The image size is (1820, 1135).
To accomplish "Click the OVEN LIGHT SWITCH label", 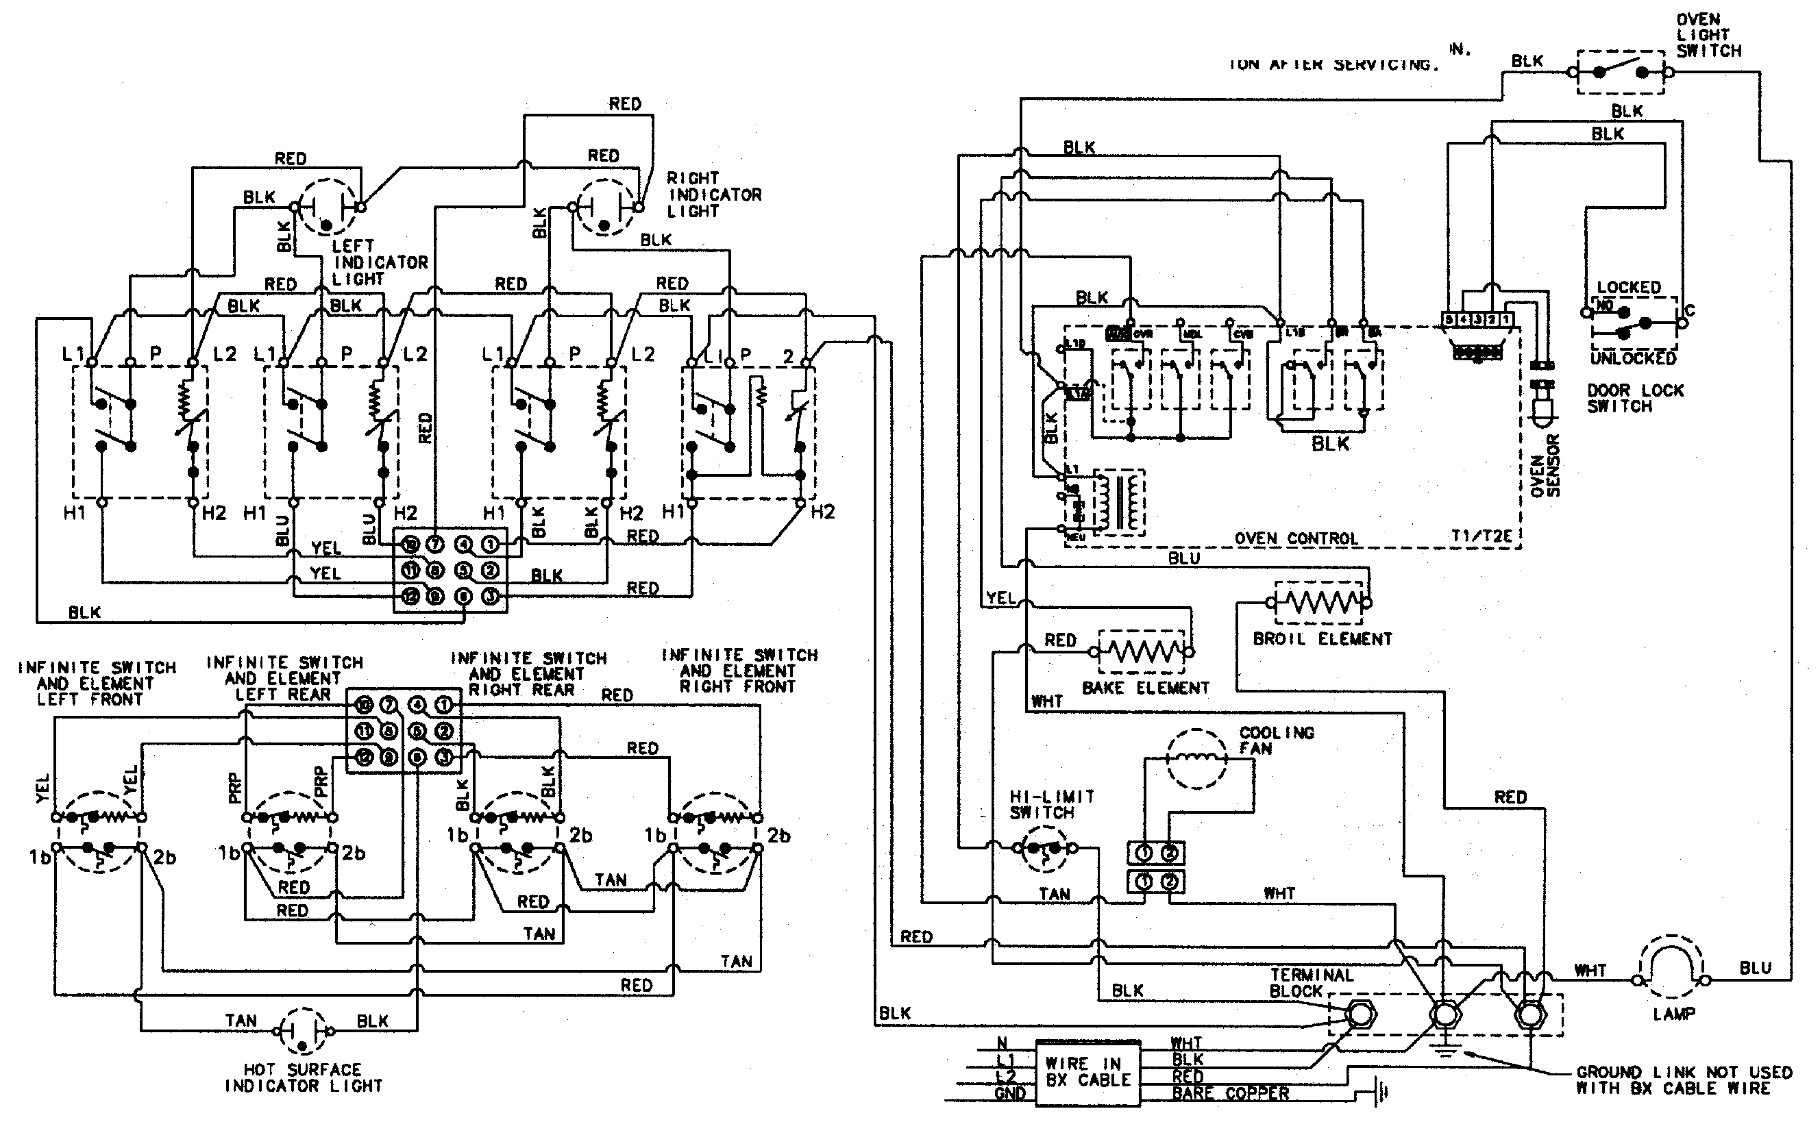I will (1708, 36).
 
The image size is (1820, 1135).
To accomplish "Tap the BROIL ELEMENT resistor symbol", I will (1319, 602).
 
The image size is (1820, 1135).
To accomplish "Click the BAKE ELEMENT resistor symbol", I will (1143, 651).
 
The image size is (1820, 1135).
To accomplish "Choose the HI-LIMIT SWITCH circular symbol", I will (1044, 849).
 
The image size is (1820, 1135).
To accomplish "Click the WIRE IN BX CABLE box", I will (1088, 1072).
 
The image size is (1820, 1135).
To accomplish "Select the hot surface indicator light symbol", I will (304, 1032).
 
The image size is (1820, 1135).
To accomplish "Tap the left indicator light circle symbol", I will (326, 206).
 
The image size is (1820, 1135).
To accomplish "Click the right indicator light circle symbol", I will (604, 206).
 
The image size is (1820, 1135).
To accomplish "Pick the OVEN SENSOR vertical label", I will (1545, 465).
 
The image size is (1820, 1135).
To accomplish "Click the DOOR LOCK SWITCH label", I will (1634, 398).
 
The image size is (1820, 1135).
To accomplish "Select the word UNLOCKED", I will (1633, 359).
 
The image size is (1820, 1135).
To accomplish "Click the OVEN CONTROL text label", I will (1296, 538).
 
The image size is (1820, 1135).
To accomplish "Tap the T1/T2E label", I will (1481, 536).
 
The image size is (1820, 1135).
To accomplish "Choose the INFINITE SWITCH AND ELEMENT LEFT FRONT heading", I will (96, 683).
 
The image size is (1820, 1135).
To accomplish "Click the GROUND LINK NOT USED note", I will (1684, 1080).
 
